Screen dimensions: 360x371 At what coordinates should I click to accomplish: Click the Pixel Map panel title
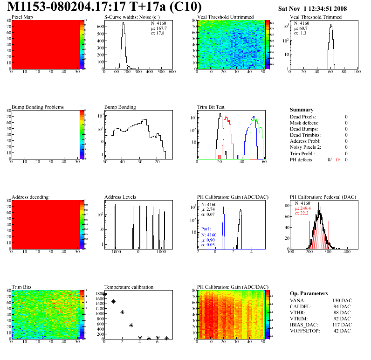(22, 17)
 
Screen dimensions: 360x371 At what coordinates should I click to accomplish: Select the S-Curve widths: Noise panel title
(133, 17)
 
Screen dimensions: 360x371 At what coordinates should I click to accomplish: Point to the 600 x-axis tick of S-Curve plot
(172, 72)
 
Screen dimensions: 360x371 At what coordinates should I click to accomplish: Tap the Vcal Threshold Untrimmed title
(225, 17)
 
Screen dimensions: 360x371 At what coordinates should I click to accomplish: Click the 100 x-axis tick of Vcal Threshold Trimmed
(357, 72)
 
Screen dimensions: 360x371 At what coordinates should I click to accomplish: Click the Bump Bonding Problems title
(37, 107)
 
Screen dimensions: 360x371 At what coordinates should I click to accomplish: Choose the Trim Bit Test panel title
(211, 107)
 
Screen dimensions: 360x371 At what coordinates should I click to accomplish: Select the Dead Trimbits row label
(305, 135)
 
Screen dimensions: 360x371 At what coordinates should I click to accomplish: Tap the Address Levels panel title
(120, 197)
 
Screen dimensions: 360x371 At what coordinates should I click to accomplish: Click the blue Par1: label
(206, 229)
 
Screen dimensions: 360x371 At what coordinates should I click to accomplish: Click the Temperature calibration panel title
(129, 287)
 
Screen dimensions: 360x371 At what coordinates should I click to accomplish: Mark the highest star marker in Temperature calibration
(104, 295)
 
